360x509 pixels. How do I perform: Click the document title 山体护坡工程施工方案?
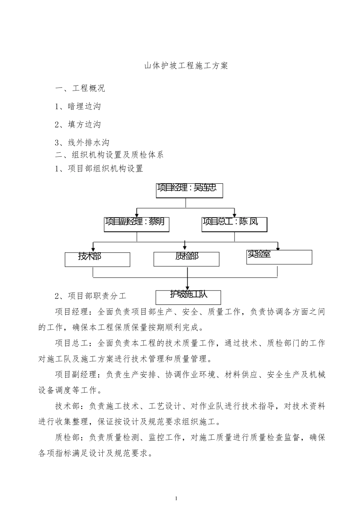[186, 66]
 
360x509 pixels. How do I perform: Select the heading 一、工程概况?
[80, 89]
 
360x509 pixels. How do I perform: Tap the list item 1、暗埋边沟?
[78, 107]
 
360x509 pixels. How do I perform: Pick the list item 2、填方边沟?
[78, 125]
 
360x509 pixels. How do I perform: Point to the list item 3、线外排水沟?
[82, 143]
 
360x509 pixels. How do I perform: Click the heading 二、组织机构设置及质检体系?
[109, 155]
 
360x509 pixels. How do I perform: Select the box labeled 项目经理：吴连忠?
[189, 190]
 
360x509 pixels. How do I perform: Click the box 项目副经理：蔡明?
[137, 225]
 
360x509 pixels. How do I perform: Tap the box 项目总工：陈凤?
[234, 225]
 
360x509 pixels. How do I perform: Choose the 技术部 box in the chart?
[97, 259]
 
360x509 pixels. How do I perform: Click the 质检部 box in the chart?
[186, 259]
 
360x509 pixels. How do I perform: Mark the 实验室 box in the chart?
[279, 257]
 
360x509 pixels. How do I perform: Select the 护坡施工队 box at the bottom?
[188, 297]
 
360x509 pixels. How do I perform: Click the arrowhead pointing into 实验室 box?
[278, 248]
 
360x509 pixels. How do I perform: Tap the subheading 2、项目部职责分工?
[91, 296]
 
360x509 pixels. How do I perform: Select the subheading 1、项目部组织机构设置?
[99, 169]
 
